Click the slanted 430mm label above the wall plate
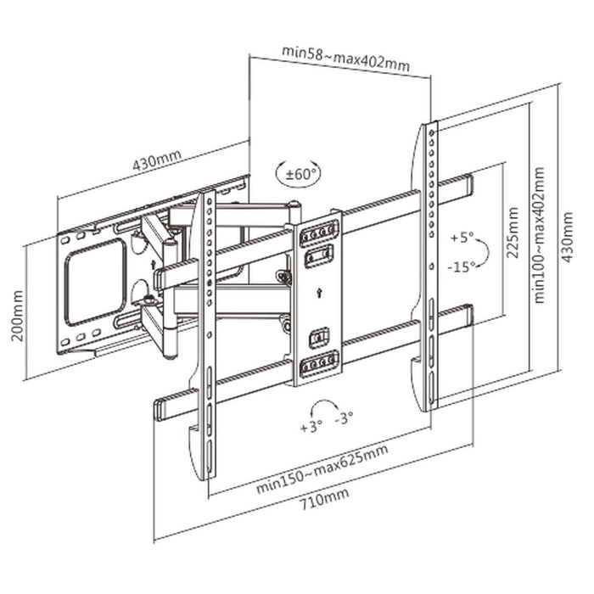[155, 160]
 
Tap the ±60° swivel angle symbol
[299, 174]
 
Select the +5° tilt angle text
[461, 236]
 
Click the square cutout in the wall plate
[95, 279]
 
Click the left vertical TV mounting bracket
[207, 339]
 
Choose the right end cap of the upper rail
[467, 183]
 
